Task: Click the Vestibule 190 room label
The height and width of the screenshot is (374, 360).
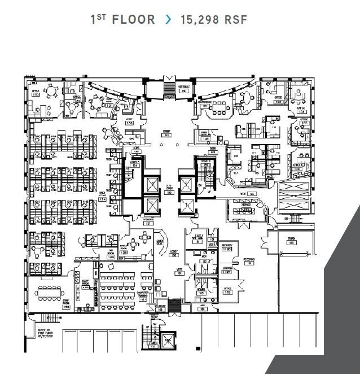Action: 184,89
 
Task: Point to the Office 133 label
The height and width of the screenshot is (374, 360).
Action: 35,93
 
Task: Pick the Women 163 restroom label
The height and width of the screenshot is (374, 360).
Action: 201,291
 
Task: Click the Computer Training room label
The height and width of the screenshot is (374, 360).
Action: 143,295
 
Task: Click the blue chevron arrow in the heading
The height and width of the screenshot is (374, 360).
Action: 168,20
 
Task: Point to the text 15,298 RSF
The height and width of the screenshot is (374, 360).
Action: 213,20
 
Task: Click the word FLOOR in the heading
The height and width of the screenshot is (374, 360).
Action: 133,20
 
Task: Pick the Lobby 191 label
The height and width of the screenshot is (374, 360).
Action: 167,132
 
